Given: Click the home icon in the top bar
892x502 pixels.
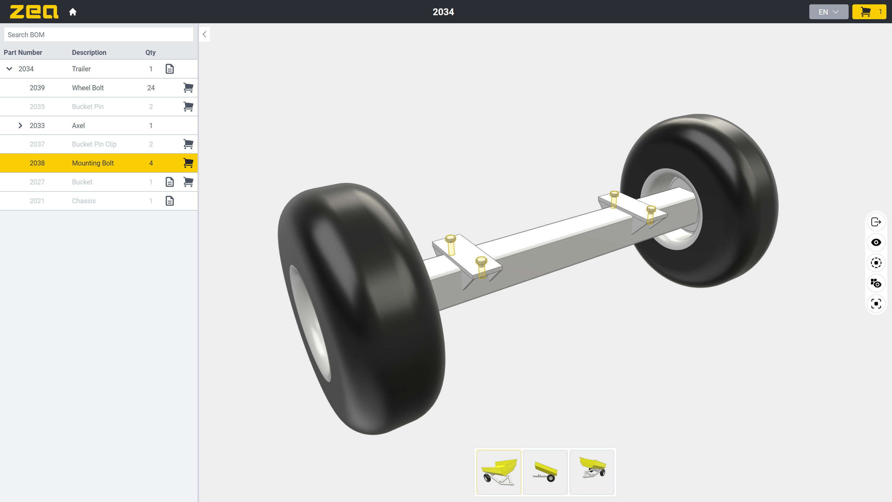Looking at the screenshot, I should point(72,12).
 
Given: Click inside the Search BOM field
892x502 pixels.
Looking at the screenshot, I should point(99,35).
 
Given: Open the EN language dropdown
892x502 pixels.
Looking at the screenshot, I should point(828,12).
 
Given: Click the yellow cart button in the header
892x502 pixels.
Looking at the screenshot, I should point(869,12).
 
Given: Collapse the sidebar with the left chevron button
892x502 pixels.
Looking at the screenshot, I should point(204,34).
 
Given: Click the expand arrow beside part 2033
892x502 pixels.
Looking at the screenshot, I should point(20,126).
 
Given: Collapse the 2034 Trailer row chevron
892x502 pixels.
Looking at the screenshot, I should point(9,68).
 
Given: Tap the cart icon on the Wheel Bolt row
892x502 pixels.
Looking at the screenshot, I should point(188,88).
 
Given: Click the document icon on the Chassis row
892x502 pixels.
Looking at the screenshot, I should point(170,201).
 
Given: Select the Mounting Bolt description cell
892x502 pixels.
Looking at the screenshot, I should point(93,163).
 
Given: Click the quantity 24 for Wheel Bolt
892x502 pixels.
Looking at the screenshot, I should point(151,88).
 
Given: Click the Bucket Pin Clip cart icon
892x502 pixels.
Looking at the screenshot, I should point(188,144).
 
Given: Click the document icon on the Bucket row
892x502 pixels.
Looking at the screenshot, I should point(170,182).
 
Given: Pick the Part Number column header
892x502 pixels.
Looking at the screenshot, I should point(23,52).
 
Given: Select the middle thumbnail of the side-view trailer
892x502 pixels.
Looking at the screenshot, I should point(545,472).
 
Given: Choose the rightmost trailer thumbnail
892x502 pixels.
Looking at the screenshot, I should point(592,472).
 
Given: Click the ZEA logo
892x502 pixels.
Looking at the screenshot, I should point(34,12).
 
